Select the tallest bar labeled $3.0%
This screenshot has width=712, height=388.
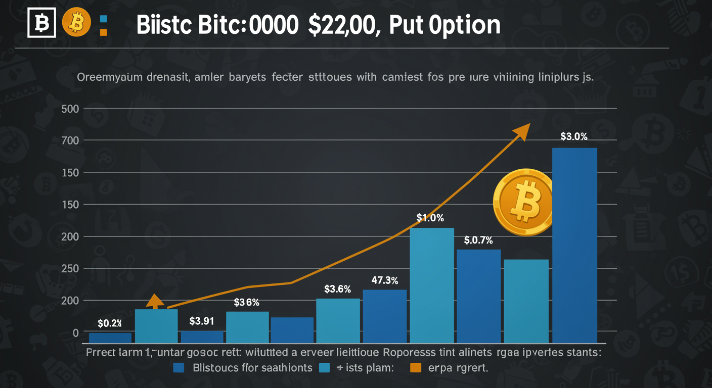click(x=574, y=245)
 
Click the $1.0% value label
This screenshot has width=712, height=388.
click(x=430, y=218)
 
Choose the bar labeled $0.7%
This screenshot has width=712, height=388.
click(x=478, y=296)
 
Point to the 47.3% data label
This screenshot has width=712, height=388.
click(x=384, y=280)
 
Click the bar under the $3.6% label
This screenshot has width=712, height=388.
click(x=338, y=321)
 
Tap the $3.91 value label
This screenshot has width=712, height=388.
click(x=202, y=321)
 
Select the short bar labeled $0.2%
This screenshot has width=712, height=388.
click(x=110, y=338)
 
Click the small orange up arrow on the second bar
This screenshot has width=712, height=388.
click(x=155, y=301)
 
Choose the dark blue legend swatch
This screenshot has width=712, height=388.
click(x=178, y=368)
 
